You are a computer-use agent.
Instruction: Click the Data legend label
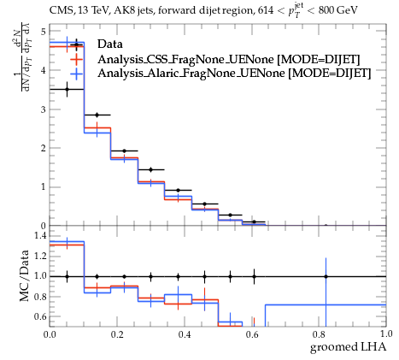(110, 44)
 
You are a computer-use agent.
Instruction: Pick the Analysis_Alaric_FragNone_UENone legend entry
(234, 74)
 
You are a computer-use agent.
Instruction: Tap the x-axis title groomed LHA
(348, 347)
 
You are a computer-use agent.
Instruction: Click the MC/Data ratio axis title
(25, 275)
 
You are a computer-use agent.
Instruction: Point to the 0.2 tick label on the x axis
(117, 334)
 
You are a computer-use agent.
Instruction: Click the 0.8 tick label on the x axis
(319, 334)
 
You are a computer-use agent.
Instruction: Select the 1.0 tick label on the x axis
(386, 334)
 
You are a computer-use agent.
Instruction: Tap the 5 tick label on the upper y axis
(43, 32)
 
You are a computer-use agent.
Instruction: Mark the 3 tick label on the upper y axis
(43, 109)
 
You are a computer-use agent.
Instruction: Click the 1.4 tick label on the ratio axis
(40, 235)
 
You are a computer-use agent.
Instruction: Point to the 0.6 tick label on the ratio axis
(40, 316)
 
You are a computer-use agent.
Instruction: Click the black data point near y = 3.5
(67, 89)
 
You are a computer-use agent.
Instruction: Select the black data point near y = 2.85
(97, 115)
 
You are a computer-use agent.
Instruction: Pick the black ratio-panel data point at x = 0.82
(326, 276)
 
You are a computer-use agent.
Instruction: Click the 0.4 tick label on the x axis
(185, 334)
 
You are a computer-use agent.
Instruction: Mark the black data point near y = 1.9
(124, 150)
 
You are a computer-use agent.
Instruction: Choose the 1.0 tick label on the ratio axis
(40, 276)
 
